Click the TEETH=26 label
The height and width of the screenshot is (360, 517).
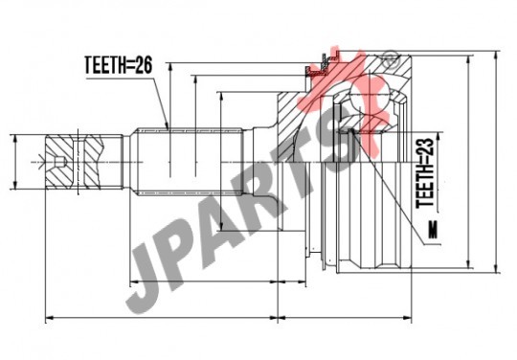click(x=119, y=64)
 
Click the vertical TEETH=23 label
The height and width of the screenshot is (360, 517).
click(x=425, y=172)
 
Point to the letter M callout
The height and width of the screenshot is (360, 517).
click(x=433, y=230)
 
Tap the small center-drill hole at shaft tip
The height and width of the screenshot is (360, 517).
click(x=60, y=162)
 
